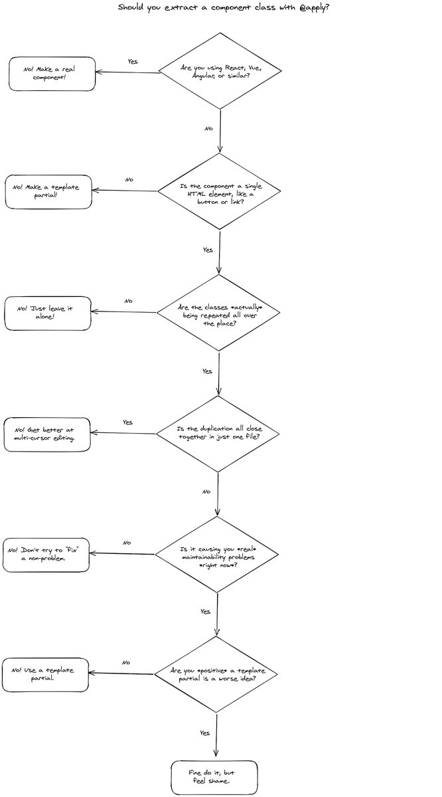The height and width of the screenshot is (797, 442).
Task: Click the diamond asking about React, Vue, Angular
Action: click(220, 71)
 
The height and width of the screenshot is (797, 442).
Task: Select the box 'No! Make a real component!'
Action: click(52, 74)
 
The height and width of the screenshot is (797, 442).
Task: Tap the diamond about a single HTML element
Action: click(219, 191)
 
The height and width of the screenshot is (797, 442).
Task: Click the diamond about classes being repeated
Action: click(219, 312)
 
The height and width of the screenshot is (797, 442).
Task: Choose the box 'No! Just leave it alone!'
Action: click(48, 313)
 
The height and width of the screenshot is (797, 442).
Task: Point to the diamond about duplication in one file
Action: click(218, 434)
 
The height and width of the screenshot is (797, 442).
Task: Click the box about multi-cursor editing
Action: click(46, 435)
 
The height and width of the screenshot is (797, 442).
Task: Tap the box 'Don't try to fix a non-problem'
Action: click(45, 555)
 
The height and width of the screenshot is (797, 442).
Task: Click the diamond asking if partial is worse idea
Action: click(216, 674)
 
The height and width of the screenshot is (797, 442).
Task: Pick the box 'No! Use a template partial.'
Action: click(45, 675)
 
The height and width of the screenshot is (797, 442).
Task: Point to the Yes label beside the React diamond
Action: click(133, 61)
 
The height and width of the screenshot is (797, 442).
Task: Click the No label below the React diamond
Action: click(208, 129)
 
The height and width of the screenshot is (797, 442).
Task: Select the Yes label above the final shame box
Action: click(205, 733)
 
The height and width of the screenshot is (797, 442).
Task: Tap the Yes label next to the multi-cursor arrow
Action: click(127, 422)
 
